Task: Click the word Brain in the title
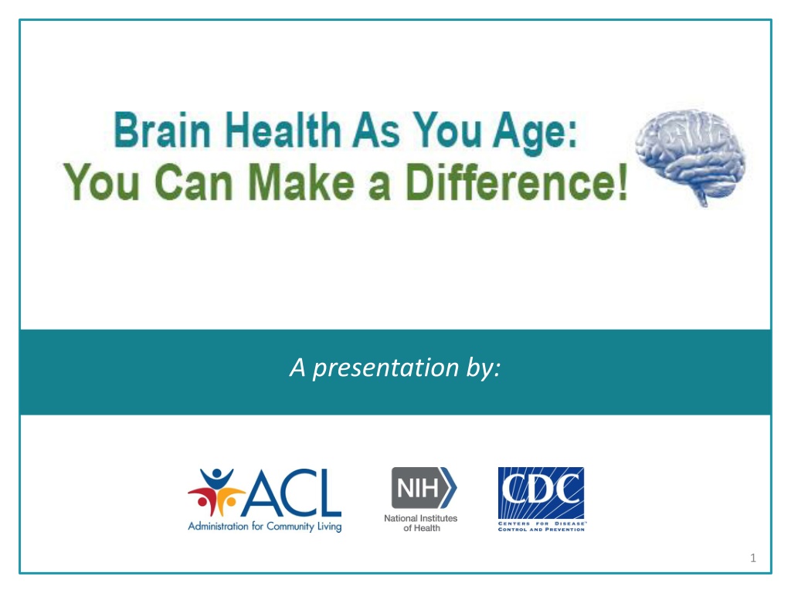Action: point(162,130)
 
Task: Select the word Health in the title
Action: point(283,130)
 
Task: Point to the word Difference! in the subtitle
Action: point(517,181)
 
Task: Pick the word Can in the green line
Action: point(193,182)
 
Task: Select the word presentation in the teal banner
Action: point(385,368)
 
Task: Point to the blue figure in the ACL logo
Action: point(217,479)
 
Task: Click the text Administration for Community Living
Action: point(265,527)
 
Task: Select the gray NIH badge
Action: point(424,488)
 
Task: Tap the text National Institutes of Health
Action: point(421,523)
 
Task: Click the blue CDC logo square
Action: point(541,493)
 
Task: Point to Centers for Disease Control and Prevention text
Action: point(541,527)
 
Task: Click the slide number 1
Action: point(753,557)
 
